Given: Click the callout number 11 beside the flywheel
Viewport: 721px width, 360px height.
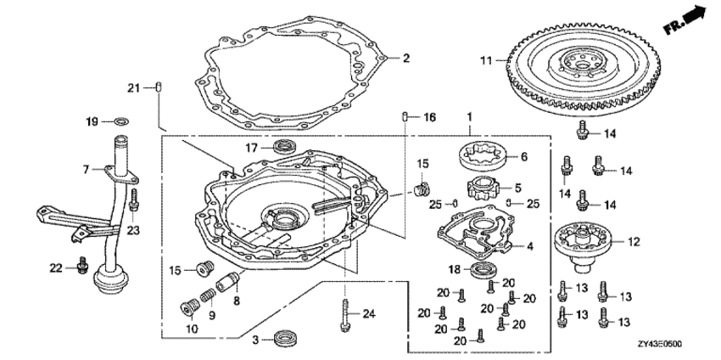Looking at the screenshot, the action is pyautogui.click(x=487, y=60).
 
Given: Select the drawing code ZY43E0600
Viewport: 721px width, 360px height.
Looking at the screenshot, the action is pyautogui.click(x=659, y=345).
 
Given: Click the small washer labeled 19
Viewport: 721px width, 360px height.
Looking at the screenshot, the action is pyautogui.click(x=121, y=121).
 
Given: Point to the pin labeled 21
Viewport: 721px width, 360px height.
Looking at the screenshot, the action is pyautogui.click(x=159, y=87).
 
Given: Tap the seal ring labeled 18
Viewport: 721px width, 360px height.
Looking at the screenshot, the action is pyautogui.click(x=482, y=269).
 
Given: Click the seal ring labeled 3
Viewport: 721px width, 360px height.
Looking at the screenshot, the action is pyautogui.click(x=285, y=339).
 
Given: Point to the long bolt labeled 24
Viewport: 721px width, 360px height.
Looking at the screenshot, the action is pyautogui.click(x=345, y=314).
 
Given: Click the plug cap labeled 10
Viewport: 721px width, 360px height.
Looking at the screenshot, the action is pyautogui.click(x=188, y=307).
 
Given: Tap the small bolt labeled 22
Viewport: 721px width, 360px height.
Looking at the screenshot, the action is pyautogui.click(x=83, y=265).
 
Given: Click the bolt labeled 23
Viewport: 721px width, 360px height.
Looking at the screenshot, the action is pyautogui.click(x=134, y=200).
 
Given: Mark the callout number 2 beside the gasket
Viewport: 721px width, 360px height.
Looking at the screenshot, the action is pyautogui.click(x=405, y=59).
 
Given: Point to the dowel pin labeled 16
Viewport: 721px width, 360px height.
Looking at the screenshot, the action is pyautogui.click(x=405, y=117).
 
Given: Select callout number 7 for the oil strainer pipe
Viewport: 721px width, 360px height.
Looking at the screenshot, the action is pyautogui.click(x=86, y=171).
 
